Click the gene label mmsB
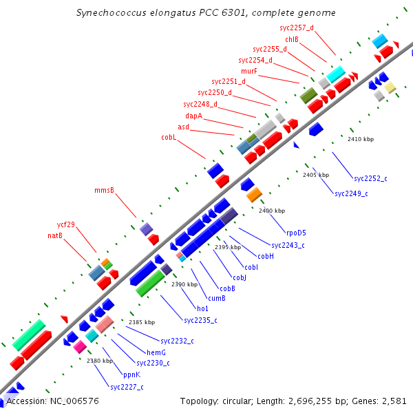104,190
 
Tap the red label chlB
291,39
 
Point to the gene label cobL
169,138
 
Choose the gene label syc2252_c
370,178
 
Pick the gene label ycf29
66,224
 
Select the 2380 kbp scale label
99,361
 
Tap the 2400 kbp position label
271,211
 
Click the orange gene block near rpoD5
254,195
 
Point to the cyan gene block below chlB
336,74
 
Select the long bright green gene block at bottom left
29,335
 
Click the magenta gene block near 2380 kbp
80,346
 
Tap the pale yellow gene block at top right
390,87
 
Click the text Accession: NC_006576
52,401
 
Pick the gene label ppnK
131,374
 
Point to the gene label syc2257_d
297,28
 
